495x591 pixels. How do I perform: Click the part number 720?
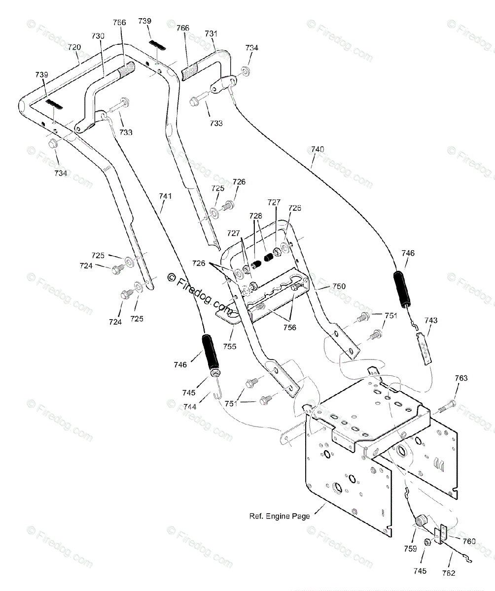click(x=74, y=47)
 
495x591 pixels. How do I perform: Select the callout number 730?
click(x=98, y=36)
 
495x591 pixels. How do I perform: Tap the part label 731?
click(x=211, y=33)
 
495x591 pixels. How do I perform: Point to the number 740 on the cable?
click(x=318, y=149)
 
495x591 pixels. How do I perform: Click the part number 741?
click(x=165, y=196)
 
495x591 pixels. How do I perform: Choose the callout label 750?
click(x=339, y=286)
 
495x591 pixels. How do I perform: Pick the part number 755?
click(x=230, y=346)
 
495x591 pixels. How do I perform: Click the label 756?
click(x=289, y=328)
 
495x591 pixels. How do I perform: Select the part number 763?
click(x=461, y=378)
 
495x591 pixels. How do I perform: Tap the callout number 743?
click(x=431, y=321)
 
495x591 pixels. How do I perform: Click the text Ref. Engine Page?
click(x=280, y=516)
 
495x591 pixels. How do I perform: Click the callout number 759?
click(x=410, y=549)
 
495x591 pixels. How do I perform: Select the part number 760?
click(x=469, y=541)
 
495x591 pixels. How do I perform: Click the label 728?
click(x=256, y=216)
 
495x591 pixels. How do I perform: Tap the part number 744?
click(x=189, y=407)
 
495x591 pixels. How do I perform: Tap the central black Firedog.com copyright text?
click(x=200, y=293)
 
